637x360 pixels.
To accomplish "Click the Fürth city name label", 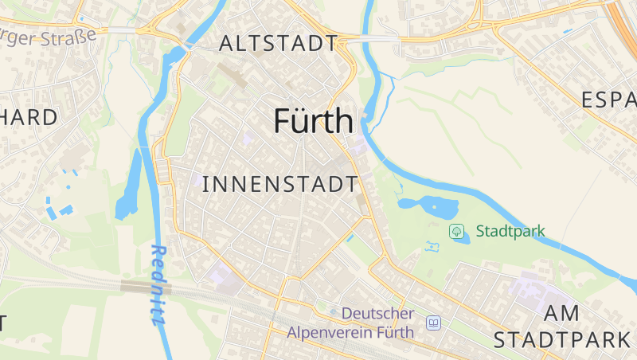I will tap(313, 121).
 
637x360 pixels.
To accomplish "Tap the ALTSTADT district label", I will tap(278, 44).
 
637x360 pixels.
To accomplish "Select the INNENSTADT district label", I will tap(280, 184).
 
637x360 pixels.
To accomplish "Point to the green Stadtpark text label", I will tap(510, 232).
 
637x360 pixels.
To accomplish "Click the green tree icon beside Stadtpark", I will tap(457, 232).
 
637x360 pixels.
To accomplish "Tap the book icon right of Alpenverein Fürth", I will tap(433, 323).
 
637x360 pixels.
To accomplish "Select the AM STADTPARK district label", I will tap(561, 327).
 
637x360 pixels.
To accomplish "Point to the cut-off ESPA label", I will tap(609, 100).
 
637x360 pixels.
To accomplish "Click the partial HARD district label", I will tap(29, 118).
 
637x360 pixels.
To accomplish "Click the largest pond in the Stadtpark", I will tap(434, 207).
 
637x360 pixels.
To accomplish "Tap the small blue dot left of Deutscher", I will tap(334, 311).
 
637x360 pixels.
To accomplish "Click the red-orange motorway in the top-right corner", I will tap(625, 24).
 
